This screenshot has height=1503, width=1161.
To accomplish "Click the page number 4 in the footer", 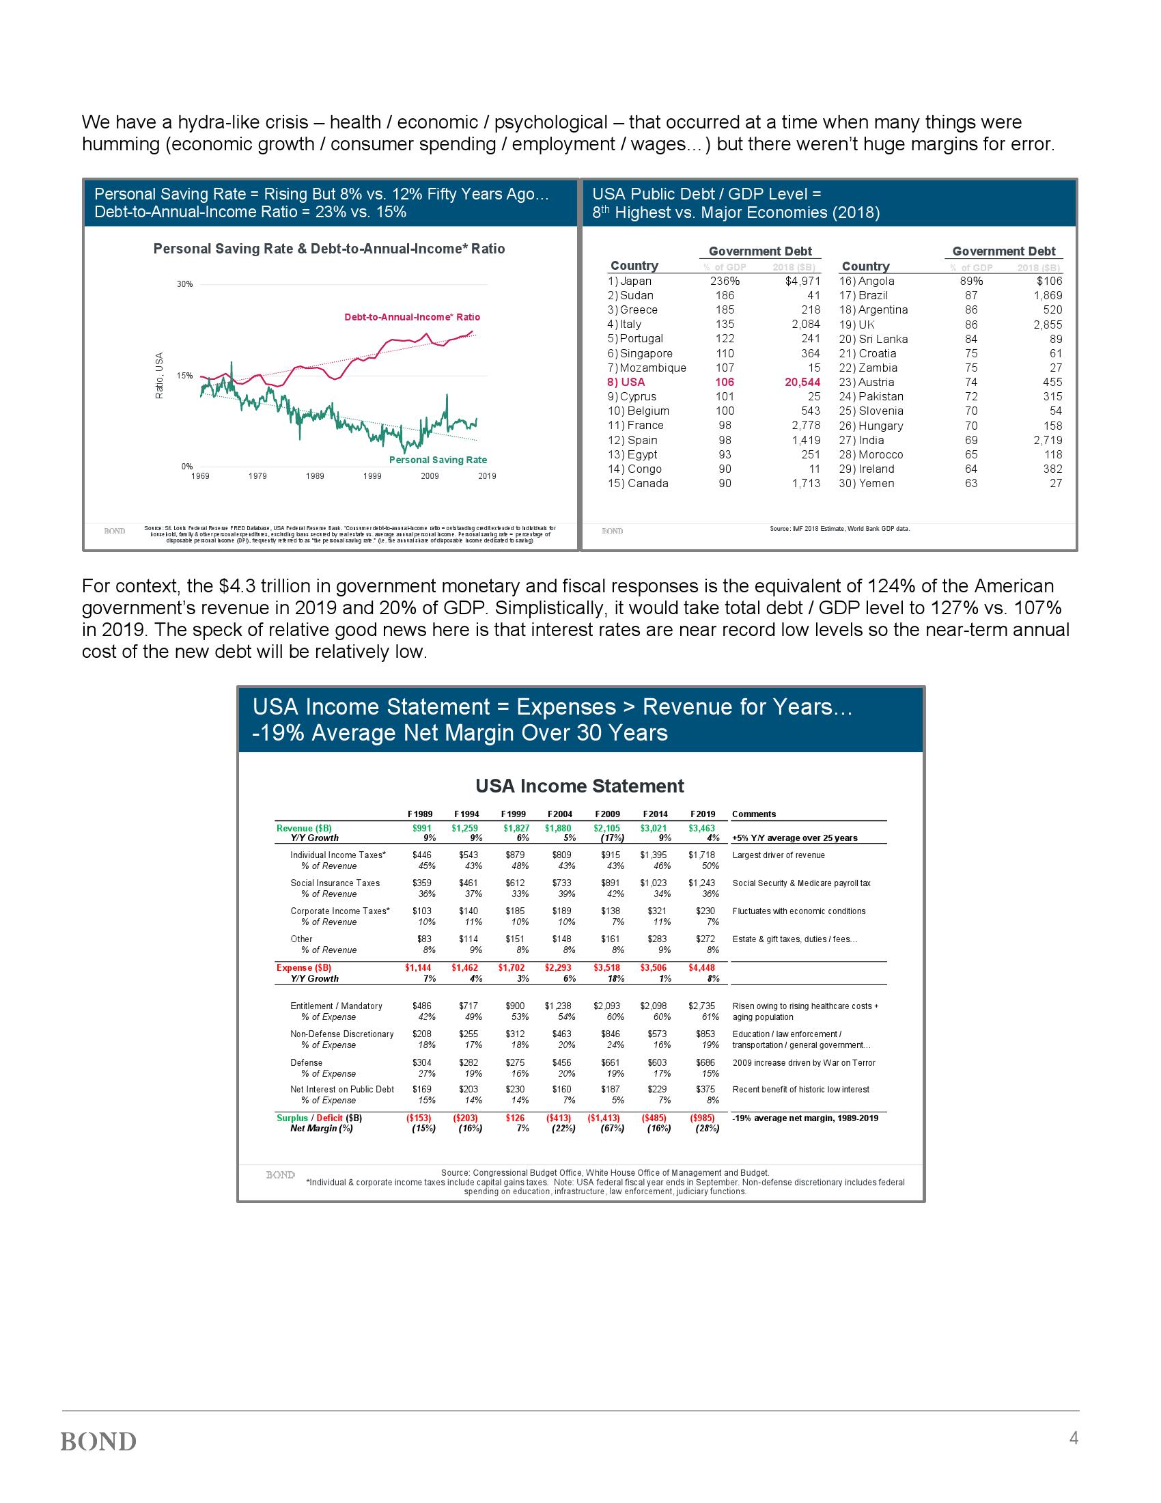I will coord(1073,1437).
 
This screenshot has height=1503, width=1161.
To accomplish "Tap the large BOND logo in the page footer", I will coord(98,1442).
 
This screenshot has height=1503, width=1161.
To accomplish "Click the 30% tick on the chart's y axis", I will coord(185,284).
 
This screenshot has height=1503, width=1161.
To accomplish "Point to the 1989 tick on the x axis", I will coord(315,476).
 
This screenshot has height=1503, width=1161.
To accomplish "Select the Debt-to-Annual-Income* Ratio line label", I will coord(412,317).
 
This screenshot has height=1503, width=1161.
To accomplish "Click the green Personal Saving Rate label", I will coord(438,460).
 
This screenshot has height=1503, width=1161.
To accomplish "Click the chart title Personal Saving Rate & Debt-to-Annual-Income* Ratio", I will coord(328,249).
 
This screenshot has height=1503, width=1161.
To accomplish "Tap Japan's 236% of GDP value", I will coord(725,281).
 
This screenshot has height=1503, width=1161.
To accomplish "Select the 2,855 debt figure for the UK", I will coord(1048,325).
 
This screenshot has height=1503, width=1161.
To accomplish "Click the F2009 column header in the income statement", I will coord(606,814).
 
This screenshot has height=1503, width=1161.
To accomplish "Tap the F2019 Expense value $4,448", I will coord(701,967).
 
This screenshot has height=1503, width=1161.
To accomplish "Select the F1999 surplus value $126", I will coord(515,1118).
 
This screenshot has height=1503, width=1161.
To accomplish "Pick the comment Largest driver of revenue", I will coord(779,855).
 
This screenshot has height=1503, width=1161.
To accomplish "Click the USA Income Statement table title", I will coord(580,786).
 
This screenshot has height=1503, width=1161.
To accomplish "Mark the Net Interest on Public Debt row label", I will coord(342,1090).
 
